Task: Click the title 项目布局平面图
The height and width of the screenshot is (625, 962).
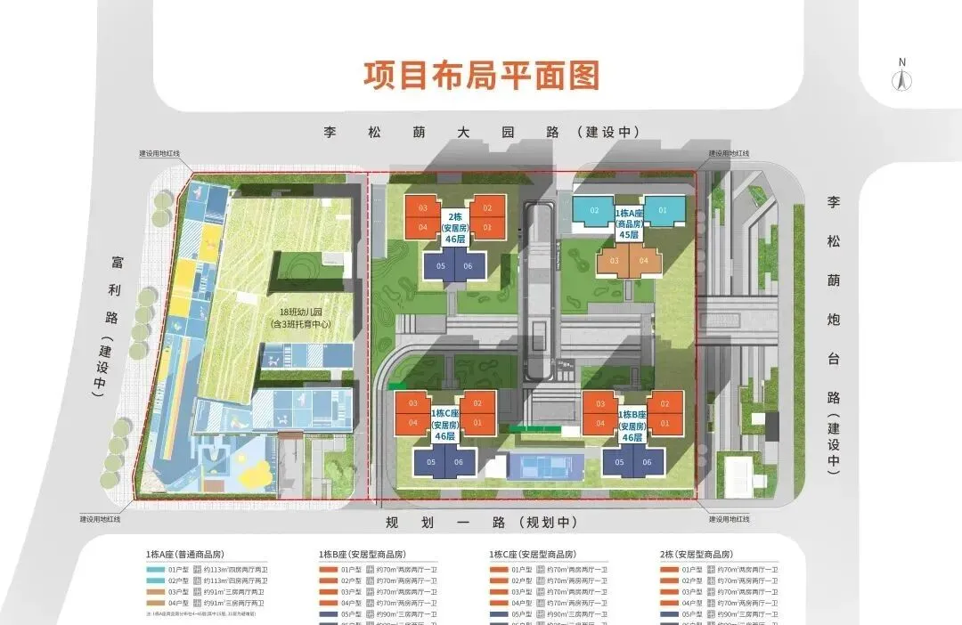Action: pyautogui.click(x=481, y=75)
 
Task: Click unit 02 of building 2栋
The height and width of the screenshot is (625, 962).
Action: pyautogui.click(x=487, y=208)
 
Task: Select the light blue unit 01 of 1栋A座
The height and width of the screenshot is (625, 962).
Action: pyautogui.click(x=663, y=210)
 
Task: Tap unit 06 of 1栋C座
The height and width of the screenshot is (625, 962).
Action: pyautogui.click(x=459, y=461)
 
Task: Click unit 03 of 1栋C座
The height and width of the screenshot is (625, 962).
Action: pyautogui.click(x=413, y=403)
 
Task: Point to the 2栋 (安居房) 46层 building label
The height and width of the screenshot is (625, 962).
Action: pyautogui.click(x=454, y=228)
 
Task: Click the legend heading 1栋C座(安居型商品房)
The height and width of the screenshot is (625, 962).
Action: pyautogui.click(x=533, y=553)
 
